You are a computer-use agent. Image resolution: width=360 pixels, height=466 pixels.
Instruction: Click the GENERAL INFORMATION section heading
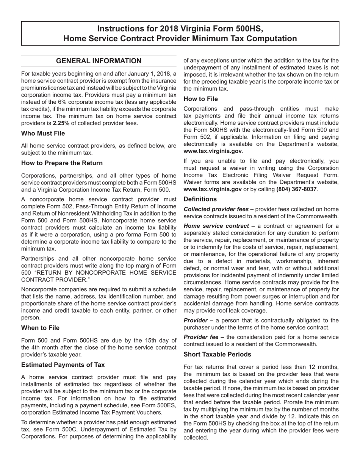click(x=99, y=61)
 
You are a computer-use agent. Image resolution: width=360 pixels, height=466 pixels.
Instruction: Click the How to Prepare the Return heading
click(x=62, y=163)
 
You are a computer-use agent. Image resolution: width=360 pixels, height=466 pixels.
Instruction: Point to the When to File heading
click(x=40, y=328)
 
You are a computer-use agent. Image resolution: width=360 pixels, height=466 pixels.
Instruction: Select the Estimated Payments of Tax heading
click(x=63, y=365)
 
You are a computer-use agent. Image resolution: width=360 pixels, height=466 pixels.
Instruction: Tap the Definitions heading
click(x=200, y=199)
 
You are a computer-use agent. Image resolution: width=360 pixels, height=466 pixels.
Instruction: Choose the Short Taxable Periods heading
click(x=217, y=354)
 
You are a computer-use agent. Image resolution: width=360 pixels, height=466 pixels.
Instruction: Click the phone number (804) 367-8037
click(x=296, y=189)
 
